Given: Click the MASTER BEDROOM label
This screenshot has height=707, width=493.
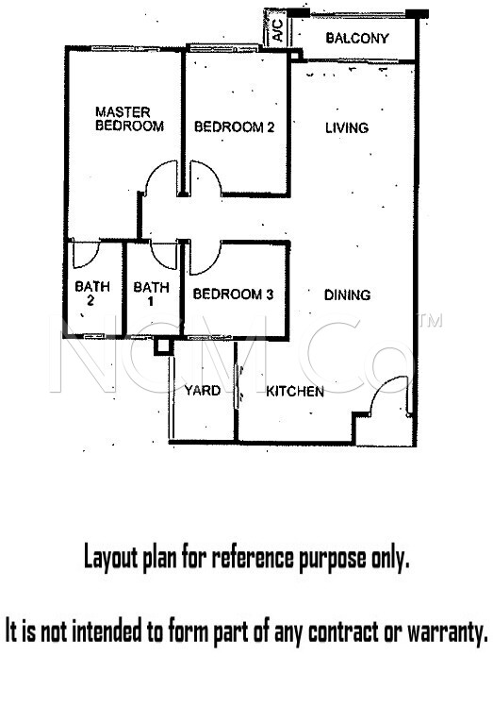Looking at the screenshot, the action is (x=129, y=119).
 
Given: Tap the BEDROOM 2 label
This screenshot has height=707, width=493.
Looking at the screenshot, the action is (x=234, y=127).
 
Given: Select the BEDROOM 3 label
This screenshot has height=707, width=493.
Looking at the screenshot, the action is (x=233, y=295).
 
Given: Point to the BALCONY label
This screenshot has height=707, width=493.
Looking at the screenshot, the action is (x=357, y=38).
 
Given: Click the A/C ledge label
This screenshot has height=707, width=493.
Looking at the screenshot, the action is (x=278, y=30).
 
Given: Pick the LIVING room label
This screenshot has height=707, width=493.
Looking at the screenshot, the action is (x=347, y=128).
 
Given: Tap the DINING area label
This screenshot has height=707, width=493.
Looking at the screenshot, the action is (x=347, y=295).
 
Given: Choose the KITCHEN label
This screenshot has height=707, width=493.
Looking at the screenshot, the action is (x=295, y=392).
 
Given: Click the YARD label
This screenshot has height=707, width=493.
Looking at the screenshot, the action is (x=203, y=391).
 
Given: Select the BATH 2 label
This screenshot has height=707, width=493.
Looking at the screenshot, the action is (x=91, y=293).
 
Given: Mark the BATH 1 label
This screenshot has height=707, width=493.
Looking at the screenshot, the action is (x=151, y=294).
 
